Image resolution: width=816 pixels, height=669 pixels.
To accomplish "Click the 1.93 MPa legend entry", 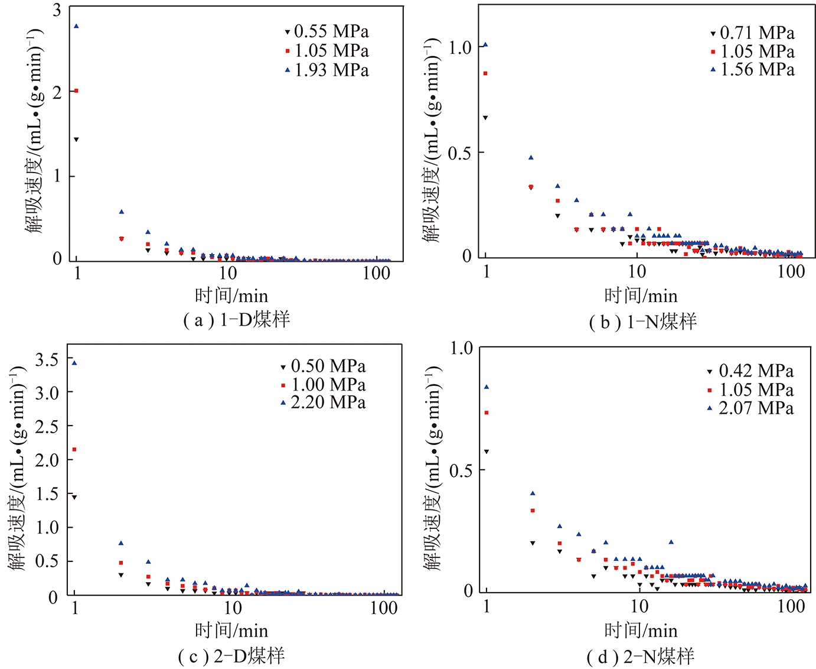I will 327,70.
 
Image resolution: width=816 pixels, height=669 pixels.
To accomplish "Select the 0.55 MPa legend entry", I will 327,31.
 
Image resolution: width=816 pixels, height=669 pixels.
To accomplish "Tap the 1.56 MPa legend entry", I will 752,70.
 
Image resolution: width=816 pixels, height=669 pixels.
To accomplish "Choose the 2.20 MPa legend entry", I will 323,402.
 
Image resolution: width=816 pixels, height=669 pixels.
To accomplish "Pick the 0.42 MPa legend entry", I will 750,371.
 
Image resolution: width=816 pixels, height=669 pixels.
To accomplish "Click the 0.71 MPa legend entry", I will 752,33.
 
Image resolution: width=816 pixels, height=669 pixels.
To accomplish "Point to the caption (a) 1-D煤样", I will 237,320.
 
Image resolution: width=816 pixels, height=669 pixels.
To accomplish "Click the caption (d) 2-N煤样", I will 641,656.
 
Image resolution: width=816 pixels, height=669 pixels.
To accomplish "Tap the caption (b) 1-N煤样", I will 643,321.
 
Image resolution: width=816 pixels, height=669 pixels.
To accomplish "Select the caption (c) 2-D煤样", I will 231,656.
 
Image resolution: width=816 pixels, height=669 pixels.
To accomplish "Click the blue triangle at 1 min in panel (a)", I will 76,26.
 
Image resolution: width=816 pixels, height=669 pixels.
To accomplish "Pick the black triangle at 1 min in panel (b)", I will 485,118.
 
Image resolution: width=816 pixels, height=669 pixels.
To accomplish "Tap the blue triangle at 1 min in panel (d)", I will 487,387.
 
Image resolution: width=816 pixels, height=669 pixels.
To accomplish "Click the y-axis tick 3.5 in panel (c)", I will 47,359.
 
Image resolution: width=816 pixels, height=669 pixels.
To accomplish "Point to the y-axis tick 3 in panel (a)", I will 57,10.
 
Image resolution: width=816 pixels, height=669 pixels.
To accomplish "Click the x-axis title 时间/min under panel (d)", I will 641,631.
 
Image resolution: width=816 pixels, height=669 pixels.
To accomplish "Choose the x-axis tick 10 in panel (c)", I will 233,608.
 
